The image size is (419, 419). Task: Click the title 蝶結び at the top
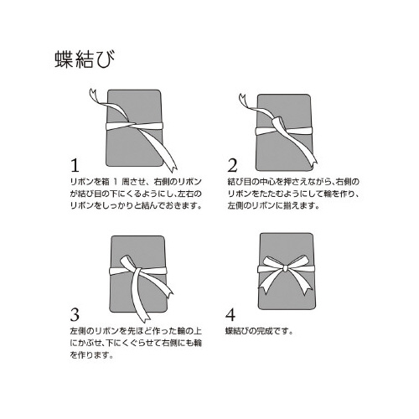85,59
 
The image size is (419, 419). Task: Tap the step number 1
75,166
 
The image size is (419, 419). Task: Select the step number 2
232,166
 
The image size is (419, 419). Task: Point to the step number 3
75,314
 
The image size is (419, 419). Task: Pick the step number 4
230,314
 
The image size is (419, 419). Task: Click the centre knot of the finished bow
285,268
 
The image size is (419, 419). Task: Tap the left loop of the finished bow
270,266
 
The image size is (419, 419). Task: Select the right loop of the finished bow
300,264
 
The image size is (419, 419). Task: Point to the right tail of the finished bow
299,282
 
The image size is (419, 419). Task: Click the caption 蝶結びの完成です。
259,331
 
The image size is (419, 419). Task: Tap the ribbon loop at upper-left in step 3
127,261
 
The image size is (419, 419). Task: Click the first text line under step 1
136,182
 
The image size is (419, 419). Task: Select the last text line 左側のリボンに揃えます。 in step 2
274,206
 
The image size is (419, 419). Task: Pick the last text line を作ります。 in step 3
91,355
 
